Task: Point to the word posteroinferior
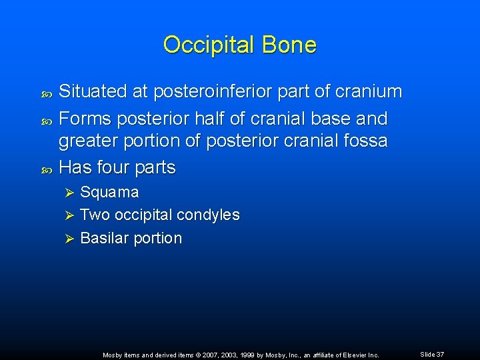(x=189, y=92)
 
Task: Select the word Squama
(x=109, y=193)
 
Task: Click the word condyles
(x=210, y=215)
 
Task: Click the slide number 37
(x=439, y=355)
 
